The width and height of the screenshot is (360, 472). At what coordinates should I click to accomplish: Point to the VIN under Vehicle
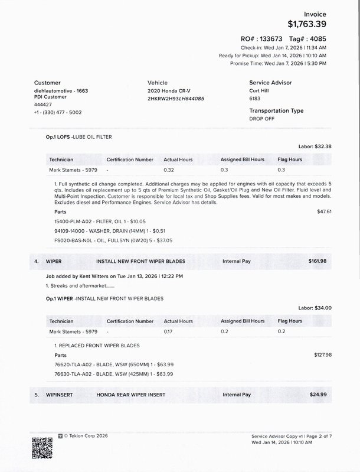175,98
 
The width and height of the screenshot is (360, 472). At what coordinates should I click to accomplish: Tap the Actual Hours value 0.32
169,170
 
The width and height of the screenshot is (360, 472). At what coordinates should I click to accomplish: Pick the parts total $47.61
324,211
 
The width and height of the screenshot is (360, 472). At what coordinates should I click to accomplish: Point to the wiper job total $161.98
317,261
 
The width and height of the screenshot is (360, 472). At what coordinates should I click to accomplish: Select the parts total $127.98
323,354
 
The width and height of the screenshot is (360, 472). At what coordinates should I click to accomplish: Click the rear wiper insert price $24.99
318,394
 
